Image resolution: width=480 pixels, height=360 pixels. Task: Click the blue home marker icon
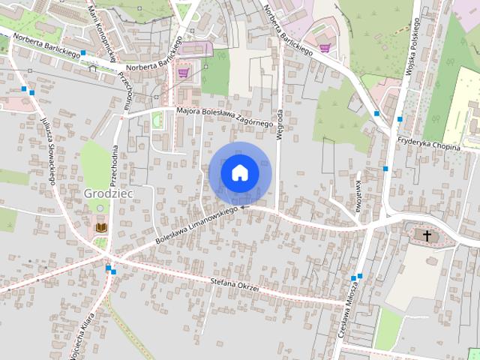239,172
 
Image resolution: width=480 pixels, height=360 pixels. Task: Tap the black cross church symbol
427,236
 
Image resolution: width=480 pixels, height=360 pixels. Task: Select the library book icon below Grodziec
100,227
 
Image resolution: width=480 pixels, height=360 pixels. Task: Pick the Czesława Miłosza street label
349,307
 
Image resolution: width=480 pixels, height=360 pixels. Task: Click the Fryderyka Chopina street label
428,148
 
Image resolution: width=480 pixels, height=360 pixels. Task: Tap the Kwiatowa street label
358,190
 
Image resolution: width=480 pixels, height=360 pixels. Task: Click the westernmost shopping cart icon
184,73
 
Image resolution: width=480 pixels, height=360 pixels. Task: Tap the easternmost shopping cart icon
325,48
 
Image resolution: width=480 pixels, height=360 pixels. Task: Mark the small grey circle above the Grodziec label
100,208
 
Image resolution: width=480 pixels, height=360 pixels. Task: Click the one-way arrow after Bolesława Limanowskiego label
244,208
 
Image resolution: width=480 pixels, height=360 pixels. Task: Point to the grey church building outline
424,235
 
